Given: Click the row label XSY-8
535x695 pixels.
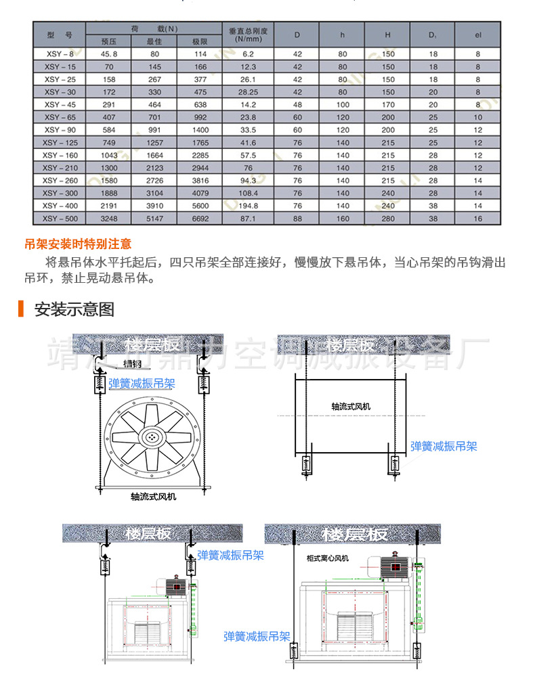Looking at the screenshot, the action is (x=60, y=53).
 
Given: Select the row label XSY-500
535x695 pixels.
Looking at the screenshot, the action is (x=60, y=219).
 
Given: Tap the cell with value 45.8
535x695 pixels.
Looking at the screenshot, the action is (x=109, y=53).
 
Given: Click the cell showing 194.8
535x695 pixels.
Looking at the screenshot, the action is (x=248, y=206).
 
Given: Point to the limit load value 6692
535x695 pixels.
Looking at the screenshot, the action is (x=199, y=219).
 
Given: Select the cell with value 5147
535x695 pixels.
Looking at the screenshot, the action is (x=154, y=219).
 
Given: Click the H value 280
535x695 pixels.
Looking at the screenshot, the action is (x=387, y=219).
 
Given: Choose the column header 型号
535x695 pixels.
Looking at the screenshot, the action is (x=60, y=35).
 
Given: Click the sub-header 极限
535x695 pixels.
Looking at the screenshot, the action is (x=199, y=41).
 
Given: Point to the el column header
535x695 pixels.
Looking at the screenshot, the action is (x=477, y=35).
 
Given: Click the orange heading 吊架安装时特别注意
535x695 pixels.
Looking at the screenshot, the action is (x=78, y=244).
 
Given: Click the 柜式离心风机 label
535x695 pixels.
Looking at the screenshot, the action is (x=327, y=558).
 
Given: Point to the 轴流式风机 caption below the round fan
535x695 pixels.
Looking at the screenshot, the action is (x=153, y=497).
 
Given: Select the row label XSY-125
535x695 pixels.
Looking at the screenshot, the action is (x=60, y=143).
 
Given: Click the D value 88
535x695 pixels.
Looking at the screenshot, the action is (x=297, y=219).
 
